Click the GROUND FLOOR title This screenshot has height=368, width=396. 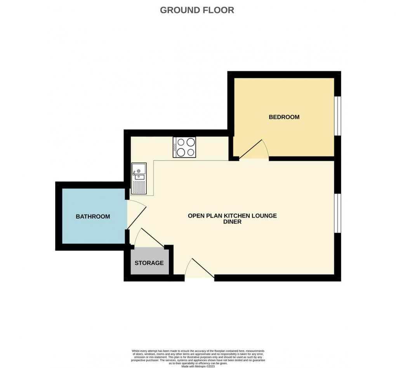[197, 10]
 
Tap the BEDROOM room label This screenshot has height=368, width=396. [284, 117]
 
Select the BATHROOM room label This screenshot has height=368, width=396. [92, 216]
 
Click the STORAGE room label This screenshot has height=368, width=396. [149, 263]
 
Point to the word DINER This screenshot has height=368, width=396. [232, 222]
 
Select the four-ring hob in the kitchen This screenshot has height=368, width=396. [185, 147]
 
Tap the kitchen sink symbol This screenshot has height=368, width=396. [139, 171]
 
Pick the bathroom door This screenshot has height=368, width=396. [136, 216]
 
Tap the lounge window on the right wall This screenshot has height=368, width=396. [338, 213]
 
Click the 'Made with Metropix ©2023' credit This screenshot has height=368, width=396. [198, 366]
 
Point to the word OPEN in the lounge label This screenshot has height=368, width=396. [197, 216]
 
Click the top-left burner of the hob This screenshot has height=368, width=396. [181, 142]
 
